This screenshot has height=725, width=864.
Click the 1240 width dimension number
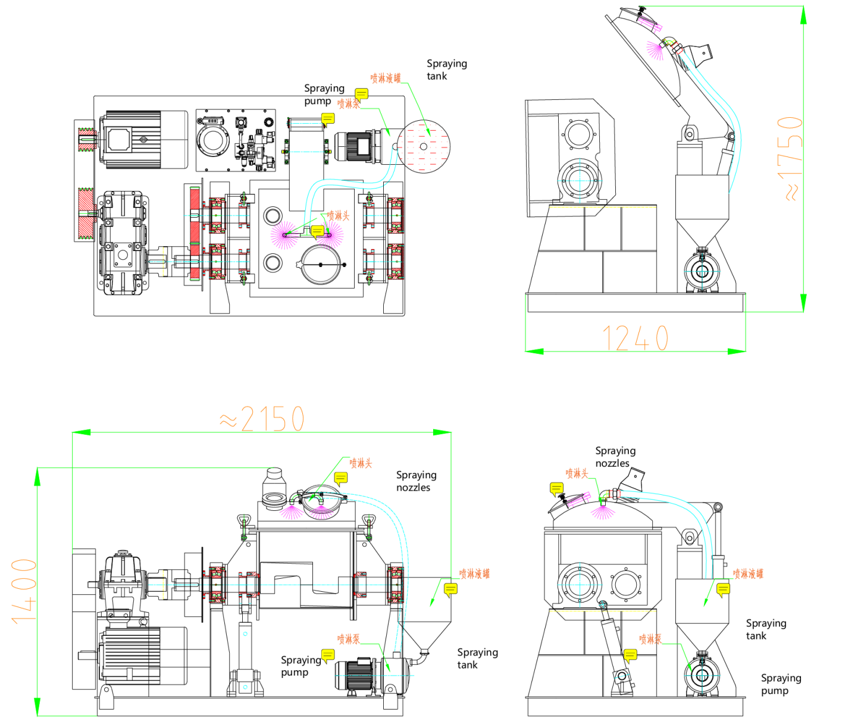pos(635,338)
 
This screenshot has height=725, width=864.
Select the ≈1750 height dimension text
pos(790,158)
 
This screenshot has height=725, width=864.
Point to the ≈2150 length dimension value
pos(262,419)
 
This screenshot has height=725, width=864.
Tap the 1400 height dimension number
pos(24,591)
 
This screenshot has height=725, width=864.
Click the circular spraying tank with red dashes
pos(423,146)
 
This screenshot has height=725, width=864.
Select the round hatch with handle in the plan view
pos(321,265)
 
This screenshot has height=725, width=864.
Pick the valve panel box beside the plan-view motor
pos(236,140)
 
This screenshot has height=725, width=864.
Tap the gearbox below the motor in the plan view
pos(123,243)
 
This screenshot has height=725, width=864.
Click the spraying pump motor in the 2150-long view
pos(356,676)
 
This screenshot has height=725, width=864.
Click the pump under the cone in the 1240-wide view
pos(702,272)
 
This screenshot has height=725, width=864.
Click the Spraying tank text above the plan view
pos(446,70)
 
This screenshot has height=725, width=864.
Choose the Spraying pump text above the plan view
pos(324,94)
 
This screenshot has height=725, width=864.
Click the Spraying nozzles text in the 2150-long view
pos(416,481)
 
